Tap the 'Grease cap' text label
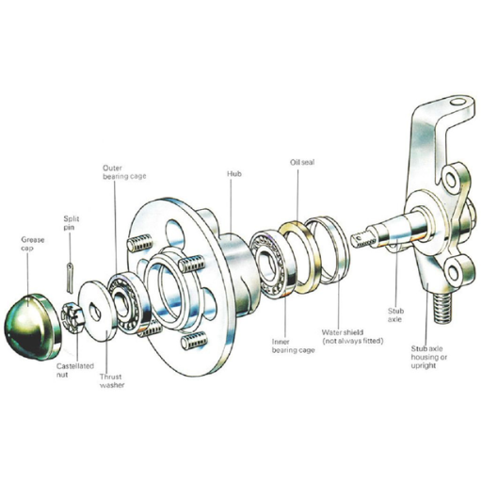click(33, 244)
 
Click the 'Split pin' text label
click(72, 221)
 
